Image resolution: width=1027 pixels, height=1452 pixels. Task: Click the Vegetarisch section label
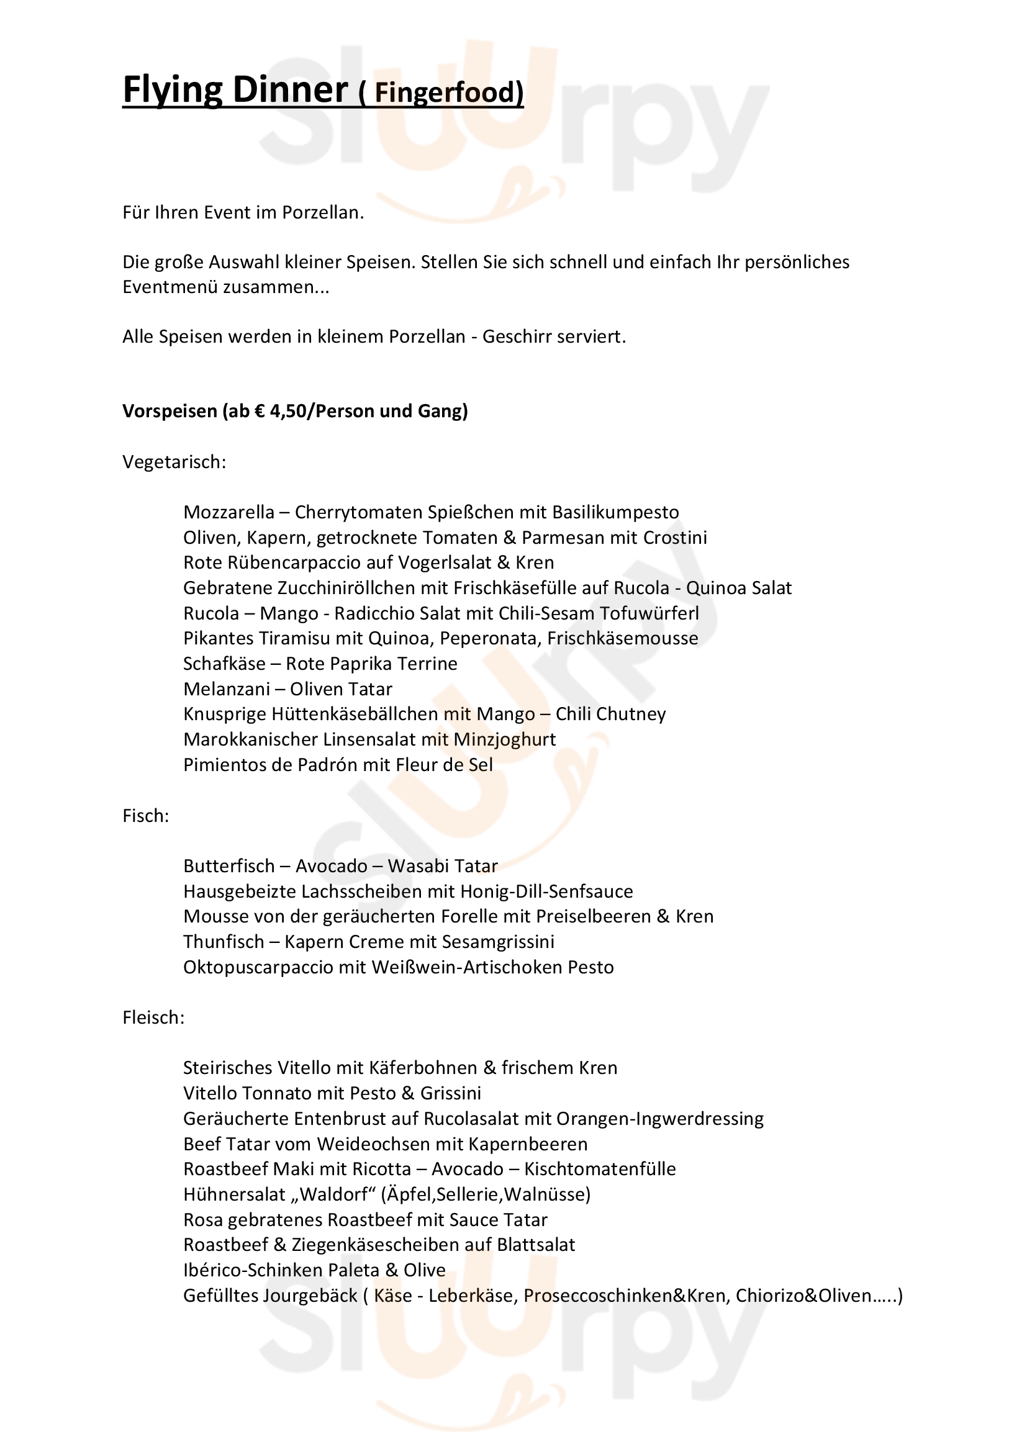[x=174, y=462]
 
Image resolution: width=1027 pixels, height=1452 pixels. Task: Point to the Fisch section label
[x=145, y=816]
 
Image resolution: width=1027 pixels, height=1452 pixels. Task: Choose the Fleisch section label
[x=153, y=1017]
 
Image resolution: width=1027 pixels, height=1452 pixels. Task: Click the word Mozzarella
[x=229, y=512]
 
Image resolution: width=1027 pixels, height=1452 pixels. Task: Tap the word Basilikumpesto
[x=615, y=512]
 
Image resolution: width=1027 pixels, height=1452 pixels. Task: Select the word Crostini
[x=675, y=538]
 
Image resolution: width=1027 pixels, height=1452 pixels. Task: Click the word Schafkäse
[x=224, y=664]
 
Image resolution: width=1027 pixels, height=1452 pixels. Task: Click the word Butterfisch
[x=229, y=867]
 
